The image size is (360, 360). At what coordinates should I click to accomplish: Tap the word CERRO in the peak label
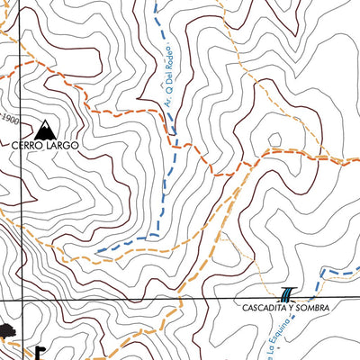(28, 144)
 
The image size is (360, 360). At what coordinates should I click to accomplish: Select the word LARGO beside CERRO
(63, 144)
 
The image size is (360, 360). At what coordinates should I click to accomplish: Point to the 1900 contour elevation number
(9, 118)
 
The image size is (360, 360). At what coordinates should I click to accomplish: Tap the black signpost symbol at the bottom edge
(40, 351)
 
